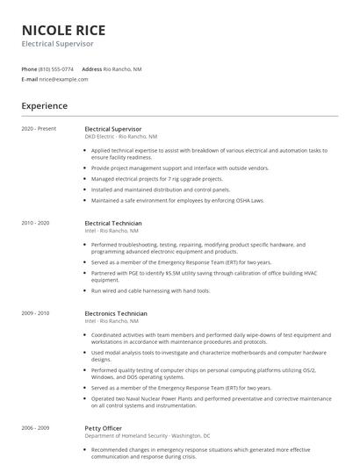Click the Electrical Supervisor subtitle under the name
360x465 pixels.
57,43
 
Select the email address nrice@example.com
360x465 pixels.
63,79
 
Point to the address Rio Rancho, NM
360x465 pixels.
123,68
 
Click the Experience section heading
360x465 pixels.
44,106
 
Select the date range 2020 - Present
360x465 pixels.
39,129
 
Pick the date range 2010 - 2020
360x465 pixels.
36,223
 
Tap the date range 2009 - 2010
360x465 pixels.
36,313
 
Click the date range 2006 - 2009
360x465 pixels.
36,427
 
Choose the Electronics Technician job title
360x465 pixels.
116,313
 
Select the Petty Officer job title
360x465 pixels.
104,427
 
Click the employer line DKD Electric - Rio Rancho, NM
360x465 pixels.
121,137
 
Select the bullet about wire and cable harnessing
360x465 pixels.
150,290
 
